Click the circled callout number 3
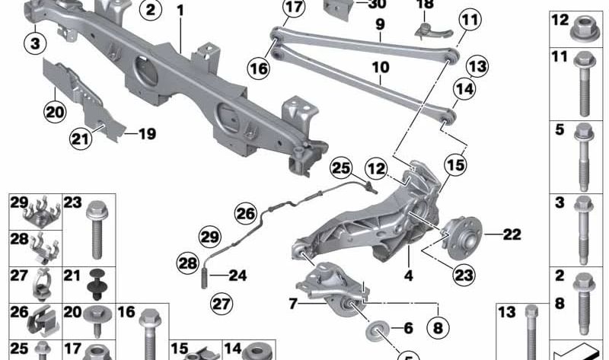click(35, 43)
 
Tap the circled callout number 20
click(55, 112)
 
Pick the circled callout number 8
click(438, 328)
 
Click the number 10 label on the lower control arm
click(381, 67)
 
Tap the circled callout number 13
click(477, 66)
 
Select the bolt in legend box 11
click(584, 84)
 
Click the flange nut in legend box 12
click(582, 28)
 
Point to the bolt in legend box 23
click(96, 230)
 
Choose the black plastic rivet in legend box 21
click(97, 285)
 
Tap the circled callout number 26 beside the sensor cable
click(245, 213)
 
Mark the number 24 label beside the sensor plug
click(238, 276)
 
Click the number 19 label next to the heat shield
click(148, 134)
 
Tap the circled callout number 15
click(455, 164)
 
